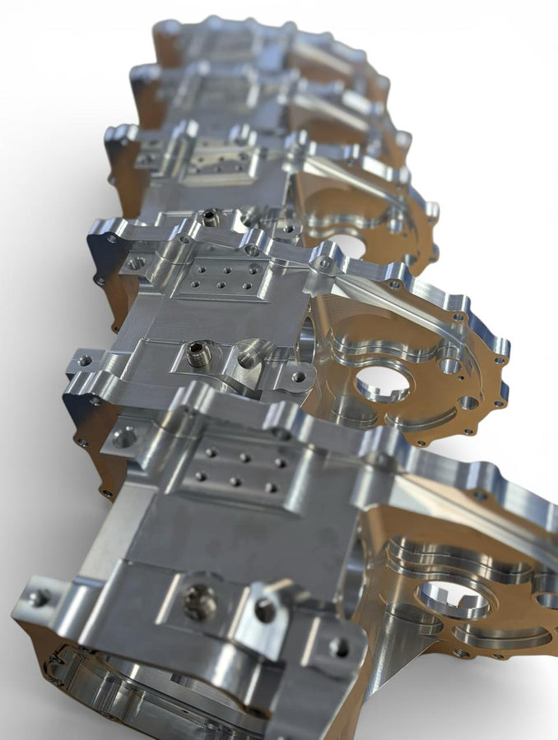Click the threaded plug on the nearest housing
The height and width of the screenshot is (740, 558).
click(x=200, y=603)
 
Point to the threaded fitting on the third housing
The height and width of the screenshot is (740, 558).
click(x=211, y=218)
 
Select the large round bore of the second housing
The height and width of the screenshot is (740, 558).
click(x=382, y=382)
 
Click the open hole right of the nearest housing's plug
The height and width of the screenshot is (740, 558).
click(x=264, y=610)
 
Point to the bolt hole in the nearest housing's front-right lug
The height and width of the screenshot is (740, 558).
click(x=338, y=646)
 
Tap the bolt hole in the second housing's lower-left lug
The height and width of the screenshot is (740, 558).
click(x=84, y=360)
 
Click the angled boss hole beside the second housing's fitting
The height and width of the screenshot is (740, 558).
click(x=246, y=360)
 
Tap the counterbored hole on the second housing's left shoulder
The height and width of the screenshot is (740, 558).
click(x=136, y=264)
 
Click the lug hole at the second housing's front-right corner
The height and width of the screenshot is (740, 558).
click(x=299, y=377)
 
